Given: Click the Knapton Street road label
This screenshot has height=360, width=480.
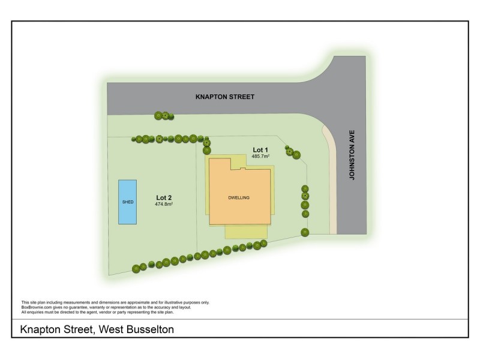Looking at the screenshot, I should [x=226, y=96].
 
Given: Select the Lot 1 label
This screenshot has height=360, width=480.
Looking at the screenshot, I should [x=260, y=149].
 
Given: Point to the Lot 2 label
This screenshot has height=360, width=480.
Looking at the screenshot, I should [x=164, y=197].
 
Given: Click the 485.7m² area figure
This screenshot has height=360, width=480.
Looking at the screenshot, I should [x=260, y=156].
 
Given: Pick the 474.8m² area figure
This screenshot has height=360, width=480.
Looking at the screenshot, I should [x=164, y=204].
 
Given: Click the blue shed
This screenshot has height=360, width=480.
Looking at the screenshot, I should [x=127, y=202].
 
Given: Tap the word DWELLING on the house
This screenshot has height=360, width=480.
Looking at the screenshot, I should [x=239, y=197].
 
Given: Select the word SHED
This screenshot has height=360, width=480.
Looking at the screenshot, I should [x=127, y=202].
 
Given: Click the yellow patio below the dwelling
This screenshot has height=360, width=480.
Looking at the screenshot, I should [x=245, y=232].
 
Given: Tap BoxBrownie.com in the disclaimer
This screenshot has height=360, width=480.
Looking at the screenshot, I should [x=35, y=307].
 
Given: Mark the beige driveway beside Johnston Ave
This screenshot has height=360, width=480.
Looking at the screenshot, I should [x=332, y=180].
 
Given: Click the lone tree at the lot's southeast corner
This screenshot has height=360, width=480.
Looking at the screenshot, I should [x=305, y=232].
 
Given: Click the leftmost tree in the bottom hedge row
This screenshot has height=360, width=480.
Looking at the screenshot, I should [x=136, y=268].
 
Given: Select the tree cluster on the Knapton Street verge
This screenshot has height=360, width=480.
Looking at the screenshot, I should [x=163, y=116].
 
